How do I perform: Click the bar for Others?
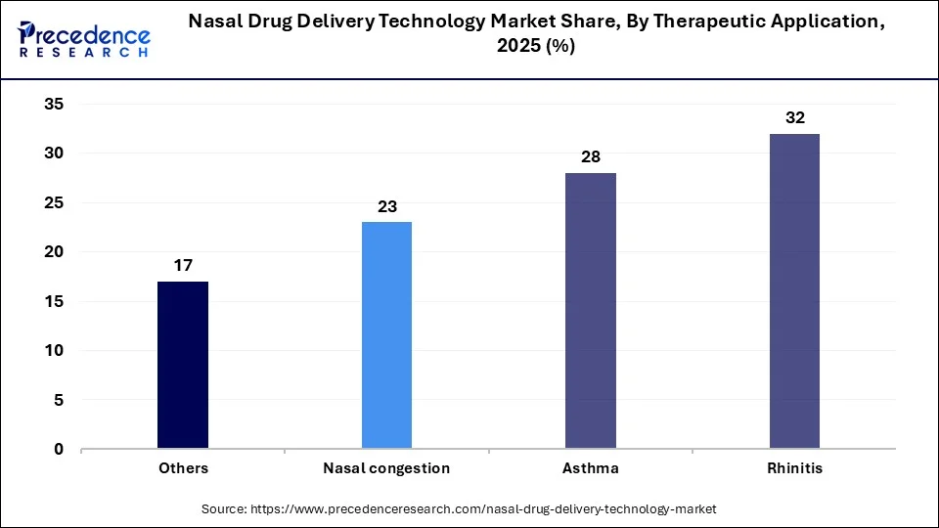[x=183, y=365]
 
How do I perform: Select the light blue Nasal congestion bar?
[x=386, y=335]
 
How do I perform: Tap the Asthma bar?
[x=591, y=311]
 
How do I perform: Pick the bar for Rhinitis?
[x=794, y=291]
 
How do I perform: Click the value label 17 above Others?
[x=183, y=265]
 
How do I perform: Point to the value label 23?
[x=386, y=206]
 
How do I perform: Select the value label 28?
[x=591, y=156]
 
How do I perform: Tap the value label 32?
[x=794, y=117]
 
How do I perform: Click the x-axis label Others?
[x=183, y=468]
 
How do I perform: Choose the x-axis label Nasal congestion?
[x=386, y=468]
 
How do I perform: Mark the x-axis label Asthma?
[x=591, y=468]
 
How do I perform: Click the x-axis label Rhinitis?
[x=794, y=468]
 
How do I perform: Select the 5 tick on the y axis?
[x=59, y=400]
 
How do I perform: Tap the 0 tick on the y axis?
[x=59, y=450]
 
